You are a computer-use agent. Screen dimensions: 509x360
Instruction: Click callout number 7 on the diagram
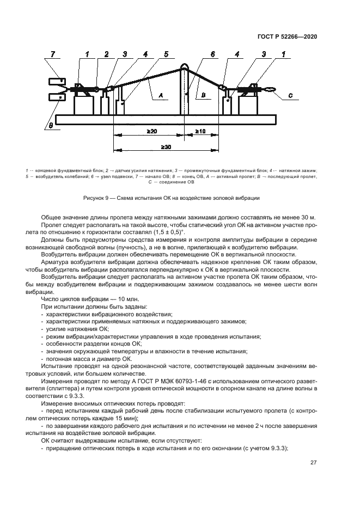tap(53, 54)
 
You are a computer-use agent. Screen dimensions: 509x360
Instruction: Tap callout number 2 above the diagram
tap(107, 54)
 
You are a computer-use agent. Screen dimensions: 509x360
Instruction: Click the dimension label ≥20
tap(151, 132)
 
